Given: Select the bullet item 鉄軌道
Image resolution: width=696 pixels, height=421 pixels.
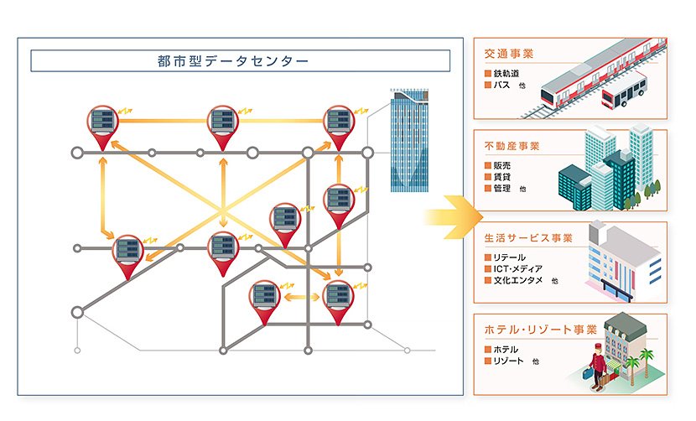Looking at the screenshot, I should point(506,74).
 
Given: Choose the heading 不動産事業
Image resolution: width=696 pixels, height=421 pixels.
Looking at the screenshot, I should point(512,146).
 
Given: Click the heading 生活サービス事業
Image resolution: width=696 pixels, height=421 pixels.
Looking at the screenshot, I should point(528,238).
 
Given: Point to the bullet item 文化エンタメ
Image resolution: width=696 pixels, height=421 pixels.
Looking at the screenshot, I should point(518,280).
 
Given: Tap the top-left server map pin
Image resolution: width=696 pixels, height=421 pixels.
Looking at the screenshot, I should point(105,124).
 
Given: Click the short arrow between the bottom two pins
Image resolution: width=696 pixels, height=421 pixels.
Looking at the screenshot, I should point(298,296).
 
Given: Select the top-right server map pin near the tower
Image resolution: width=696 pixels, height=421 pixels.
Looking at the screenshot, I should point(339,124).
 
